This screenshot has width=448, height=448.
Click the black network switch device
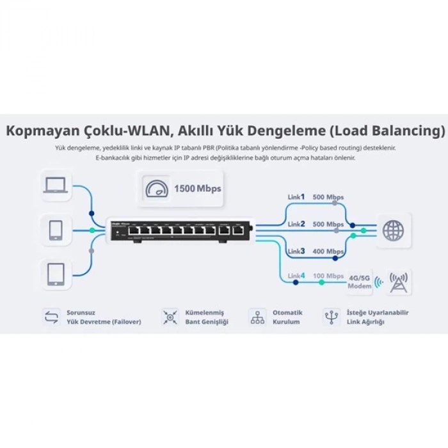[x=179, y=229]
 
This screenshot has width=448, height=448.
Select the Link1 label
[x=296, y=197]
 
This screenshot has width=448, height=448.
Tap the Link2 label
[x=296, y=224]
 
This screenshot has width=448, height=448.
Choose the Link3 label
[x=296, y=251]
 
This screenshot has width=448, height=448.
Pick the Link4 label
[x=296, y=276]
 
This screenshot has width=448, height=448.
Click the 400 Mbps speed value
[x=328, y=252]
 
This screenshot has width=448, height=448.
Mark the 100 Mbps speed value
[x=328, y=276]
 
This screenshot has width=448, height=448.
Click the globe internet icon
[x=393, y=230]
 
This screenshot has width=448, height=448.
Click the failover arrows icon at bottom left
[x=51, y=317]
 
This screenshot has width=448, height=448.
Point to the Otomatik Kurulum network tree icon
[x=257, y=317]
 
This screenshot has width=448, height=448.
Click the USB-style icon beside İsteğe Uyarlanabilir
[x=331, y=317]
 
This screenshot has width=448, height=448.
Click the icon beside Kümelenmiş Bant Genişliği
[x=170, y=317]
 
